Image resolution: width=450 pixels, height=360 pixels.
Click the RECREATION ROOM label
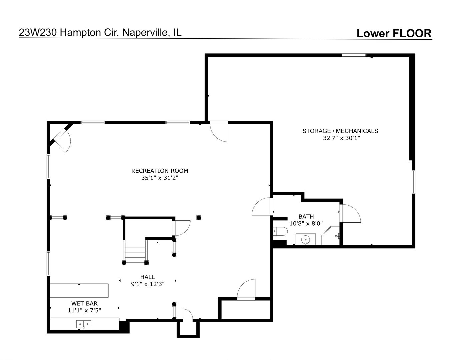point(160,171)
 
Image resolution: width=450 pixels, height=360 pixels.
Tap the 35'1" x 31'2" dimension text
point(160,178)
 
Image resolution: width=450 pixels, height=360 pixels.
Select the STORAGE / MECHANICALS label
point(340,131)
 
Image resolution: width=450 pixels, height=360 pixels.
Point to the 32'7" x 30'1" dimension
point(341,138)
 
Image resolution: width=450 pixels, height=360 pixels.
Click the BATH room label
point(306,216)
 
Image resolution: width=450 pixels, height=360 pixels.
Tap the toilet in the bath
point(280,231)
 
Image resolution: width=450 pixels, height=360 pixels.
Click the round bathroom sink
point(306,239)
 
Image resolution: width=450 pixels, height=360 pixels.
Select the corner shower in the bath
point(331,235)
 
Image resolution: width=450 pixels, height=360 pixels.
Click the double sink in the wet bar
point(84,324)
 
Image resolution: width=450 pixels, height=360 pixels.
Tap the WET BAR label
point(84,303)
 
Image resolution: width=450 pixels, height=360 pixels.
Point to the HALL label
point(148,277)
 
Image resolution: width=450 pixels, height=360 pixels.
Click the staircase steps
point(135,252)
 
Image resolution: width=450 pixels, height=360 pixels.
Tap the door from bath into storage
point(350,213)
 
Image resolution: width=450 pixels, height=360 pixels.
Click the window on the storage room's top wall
point(354,55)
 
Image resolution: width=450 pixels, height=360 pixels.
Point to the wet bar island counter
point(79,291)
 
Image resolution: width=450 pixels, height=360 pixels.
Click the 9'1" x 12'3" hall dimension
point(148,284)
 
